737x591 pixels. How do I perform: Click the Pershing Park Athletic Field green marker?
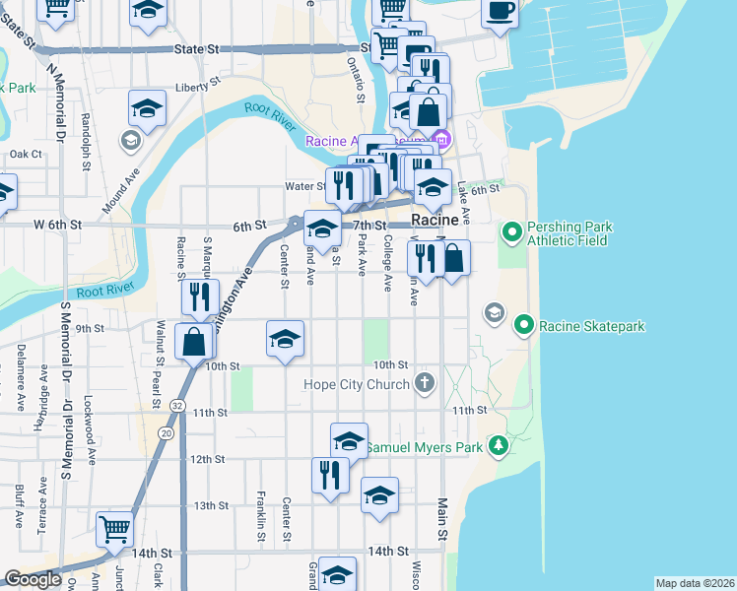tap(511, 233)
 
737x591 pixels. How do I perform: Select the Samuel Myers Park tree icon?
tap(500, 447)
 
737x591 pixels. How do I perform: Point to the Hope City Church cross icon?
tap(425, 383)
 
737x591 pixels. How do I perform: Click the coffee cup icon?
tap(500, 11)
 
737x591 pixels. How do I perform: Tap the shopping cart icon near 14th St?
tap(115, 529)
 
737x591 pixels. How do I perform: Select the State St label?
tap(195, 47)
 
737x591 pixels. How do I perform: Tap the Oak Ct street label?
tap(26, 155)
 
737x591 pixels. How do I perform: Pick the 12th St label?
tap(208, 459)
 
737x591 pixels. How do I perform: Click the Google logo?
tap(33, 580)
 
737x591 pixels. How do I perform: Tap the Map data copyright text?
tap(695, 583)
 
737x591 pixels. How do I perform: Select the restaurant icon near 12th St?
tap(330, 475)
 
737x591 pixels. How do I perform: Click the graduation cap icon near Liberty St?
tap(147, 109)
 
